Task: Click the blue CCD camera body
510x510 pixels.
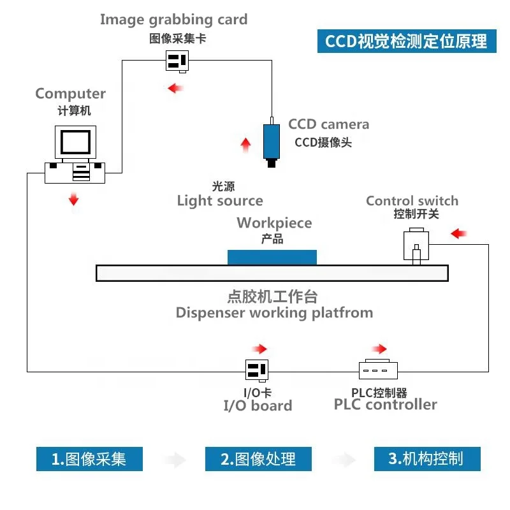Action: pos(272,141)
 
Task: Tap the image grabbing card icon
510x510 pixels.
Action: pos(177,61)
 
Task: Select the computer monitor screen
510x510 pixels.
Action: pos(75,142)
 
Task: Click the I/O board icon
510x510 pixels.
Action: pos(257,370)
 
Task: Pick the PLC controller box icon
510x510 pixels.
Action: pos(378,369)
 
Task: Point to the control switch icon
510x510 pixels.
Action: pos(416,246)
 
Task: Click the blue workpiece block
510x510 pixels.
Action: pos(272,258)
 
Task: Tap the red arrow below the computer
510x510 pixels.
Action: pos(74,199)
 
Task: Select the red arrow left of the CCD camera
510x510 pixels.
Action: pos(245,145)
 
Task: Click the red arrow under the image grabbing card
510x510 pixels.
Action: pos(175,88)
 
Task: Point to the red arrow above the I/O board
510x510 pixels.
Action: pos(259,349)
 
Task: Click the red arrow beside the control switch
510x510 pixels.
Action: pos(458,233)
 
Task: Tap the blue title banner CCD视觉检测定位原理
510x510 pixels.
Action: pos(407,41)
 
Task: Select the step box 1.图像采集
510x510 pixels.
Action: pos(89,459)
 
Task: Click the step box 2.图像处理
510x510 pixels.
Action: pos(258,459)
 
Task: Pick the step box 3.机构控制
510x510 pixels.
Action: pos(427,459)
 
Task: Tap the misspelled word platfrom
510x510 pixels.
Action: pos(342,313)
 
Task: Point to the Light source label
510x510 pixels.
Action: pos(220,201)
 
